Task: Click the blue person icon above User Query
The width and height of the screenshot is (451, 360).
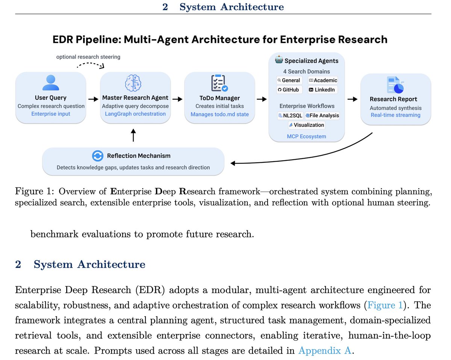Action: pyautogui.click(x=51, y=82)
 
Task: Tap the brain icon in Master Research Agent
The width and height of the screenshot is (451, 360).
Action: pyautogui.click(x=135, y=82)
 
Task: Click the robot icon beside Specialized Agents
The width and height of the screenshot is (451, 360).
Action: pyautogui.click(x=279, y=60)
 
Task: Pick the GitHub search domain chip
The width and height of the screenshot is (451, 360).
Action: pyautogui.click(x=289, y=90)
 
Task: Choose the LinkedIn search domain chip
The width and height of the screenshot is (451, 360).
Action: pyautogui.click(x=322, y=90)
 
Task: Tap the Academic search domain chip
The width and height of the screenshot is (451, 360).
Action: pyautogui.click(x=323, y=80)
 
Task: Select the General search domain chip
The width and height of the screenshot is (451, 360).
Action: pyautogui.click(x=289, y=80)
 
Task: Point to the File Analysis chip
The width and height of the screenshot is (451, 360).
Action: pyautogui.click(x=322, y=115)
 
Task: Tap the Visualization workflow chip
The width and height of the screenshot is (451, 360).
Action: pyautogui.click(x=306, y=125)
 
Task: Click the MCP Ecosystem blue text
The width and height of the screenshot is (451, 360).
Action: pyautogui.click(x=306, y=136)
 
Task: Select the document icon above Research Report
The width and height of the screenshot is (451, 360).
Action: pyautogui.click(x=395, y=85)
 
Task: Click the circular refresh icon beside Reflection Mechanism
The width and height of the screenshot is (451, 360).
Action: pyautogui.click(x=97, y=156)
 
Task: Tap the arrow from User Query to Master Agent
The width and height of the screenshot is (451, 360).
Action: pyautogui.click(x=92, y=99)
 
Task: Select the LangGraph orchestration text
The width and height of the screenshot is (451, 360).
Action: pyautogui.click(x=135, y=114)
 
